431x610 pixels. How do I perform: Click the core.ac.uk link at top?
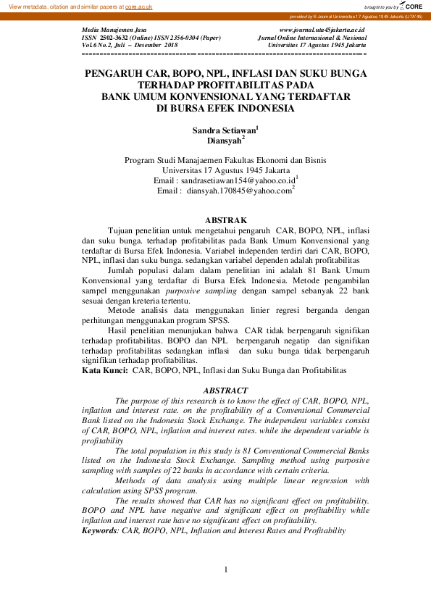pos(139,6)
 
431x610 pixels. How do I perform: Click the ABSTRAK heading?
pos(226,220)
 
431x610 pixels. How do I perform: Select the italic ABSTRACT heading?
pos(225,390)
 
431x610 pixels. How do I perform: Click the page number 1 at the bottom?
pos(226,569)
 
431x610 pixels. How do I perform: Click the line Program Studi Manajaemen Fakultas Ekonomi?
pos(225,160)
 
